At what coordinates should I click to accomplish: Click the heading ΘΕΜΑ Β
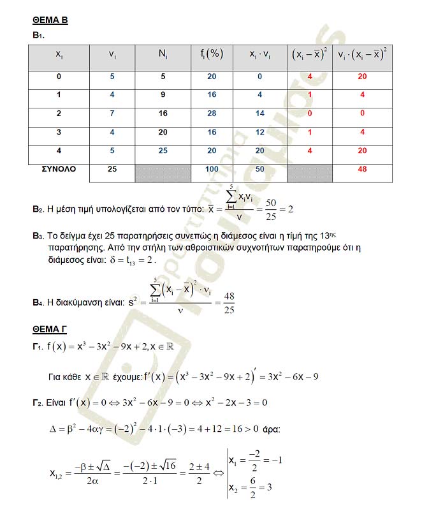coord(50,20)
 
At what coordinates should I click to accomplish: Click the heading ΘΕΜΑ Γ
coord(50,330)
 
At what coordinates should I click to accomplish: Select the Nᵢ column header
coord(163,55)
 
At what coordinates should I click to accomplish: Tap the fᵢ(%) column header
coord(212,55)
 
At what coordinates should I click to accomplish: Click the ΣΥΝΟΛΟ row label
coord(59,169)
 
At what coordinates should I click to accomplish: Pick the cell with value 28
coord(212,113)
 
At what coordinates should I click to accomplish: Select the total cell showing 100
coord(212,170)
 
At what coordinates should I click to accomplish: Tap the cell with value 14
coord(260,113)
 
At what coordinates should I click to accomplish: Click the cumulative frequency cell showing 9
coord(163,94)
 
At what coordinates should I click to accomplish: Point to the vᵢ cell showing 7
coord(112,113)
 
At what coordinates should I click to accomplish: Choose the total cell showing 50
coord(260,170)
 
